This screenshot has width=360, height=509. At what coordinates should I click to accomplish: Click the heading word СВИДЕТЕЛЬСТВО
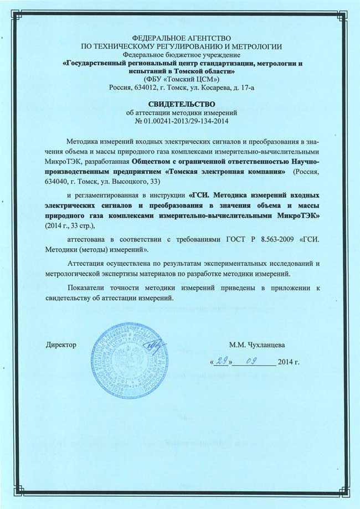point(179,103)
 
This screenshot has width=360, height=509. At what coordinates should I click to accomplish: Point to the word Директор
point(60,345)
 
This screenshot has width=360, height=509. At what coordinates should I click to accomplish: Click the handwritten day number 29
point(222,362)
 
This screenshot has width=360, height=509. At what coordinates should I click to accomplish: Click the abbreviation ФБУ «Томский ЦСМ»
point(182,79)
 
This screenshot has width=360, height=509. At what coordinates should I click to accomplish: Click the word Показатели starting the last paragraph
point(88,287)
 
